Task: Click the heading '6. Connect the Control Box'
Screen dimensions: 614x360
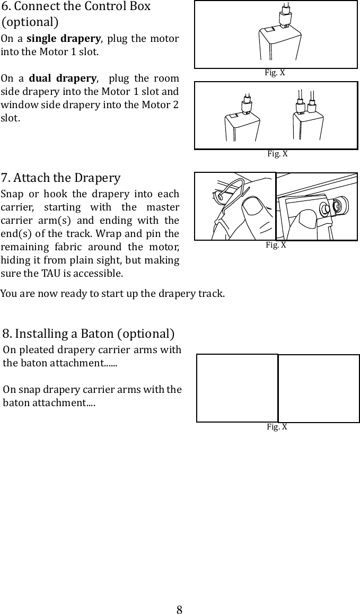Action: (x=76, y=7)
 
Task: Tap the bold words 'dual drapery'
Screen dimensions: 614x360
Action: (x=63, y=79)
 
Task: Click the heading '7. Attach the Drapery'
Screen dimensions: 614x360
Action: (x=61, y=177)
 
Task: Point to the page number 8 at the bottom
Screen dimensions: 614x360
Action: (x=180, y=609)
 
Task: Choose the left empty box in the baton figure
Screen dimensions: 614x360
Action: (x=237, y=388)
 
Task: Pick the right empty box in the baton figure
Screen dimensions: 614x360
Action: (x=319, y=388)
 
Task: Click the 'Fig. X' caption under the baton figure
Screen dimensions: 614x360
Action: (x=277, y=427)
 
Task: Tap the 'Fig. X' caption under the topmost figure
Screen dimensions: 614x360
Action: (x=275, y=73)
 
